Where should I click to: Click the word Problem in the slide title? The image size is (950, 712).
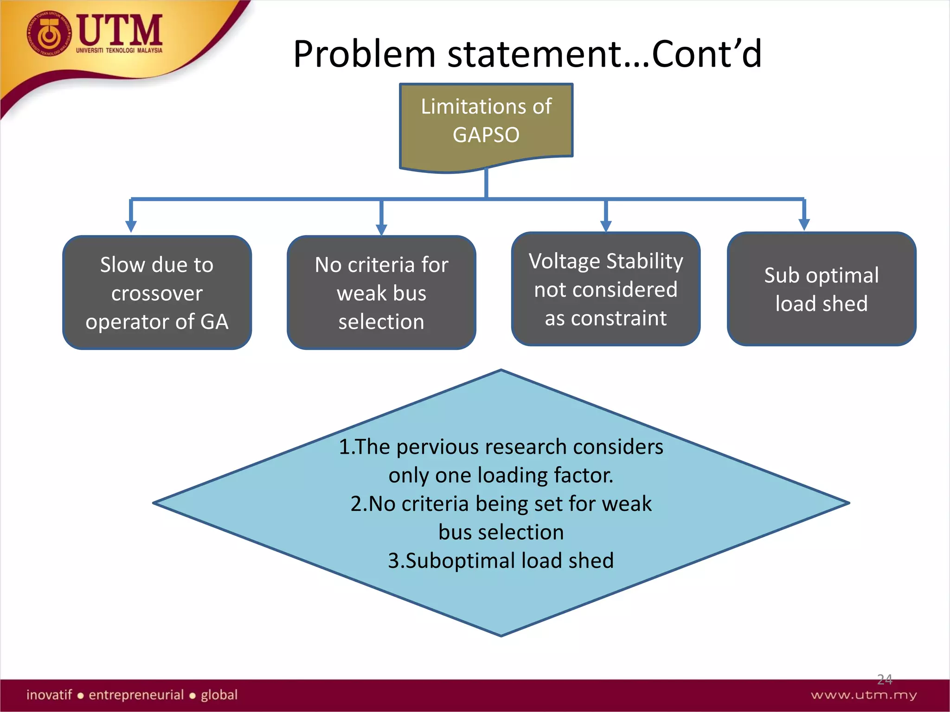tap(365, 54)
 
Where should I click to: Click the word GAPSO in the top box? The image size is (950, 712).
tap(486, 135)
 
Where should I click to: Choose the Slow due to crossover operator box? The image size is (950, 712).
tap(157, 292)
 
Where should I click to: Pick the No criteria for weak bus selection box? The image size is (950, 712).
tap(381, 292)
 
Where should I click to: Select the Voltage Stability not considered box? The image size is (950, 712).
tap(605, 289)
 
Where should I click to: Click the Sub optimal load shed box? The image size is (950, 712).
tap(821, 289)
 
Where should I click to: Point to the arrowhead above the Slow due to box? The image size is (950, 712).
tap(131, 226)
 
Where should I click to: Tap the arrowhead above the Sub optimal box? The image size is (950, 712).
tap(804, 224)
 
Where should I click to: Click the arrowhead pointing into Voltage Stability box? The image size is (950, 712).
tap(605, 225)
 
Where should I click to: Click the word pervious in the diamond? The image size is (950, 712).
tap(437, 447)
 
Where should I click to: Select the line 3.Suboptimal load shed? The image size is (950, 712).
tap(501, 560)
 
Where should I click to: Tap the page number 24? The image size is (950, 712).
tap(884, 680)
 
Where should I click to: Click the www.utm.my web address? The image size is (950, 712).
tap(863, 695)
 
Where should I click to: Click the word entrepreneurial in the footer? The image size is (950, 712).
tap(136, 695)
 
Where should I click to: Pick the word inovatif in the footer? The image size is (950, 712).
tap(49, 695)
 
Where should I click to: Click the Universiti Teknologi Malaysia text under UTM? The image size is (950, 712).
tap(119, 50)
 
